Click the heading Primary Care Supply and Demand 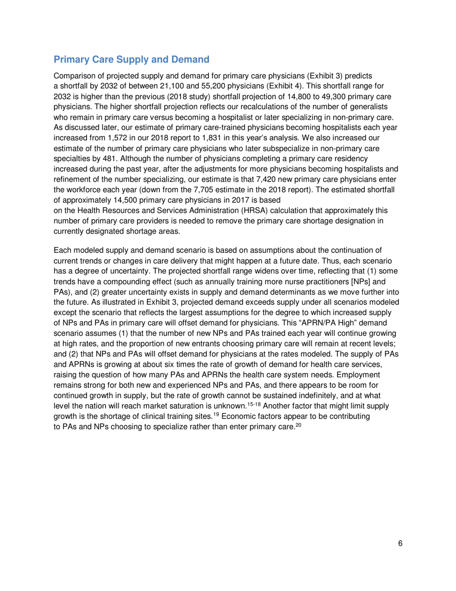pos(132,60)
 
